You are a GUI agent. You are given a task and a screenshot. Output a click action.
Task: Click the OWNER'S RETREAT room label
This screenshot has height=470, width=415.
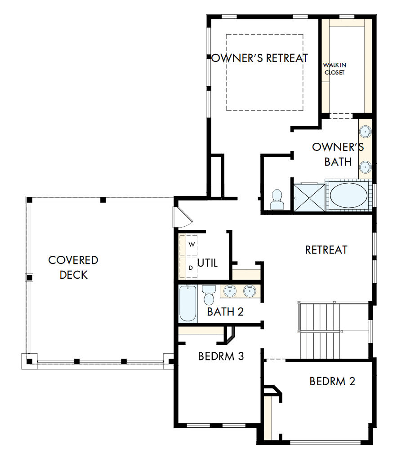(260, 58)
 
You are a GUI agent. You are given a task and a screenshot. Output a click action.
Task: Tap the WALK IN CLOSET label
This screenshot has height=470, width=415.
(335, 69)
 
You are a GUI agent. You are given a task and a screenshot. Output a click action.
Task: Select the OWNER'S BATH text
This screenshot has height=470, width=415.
(338, 154)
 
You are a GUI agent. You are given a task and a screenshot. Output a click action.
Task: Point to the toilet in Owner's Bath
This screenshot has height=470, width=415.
(277, 199)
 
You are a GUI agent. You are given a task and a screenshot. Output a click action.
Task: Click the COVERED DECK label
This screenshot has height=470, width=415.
(73, 267)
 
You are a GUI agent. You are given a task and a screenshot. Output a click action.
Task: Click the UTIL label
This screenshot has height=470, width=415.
(208, 263)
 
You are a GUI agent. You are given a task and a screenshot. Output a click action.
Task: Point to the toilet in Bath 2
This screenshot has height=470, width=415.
(209, 294)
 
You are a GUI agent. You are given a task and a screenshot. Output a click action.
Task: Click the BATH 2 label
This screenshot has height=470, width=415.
(225, 311)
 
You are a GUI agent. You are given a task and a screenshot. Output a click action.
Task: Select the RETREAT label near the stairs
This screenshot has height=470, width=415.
(326, 250)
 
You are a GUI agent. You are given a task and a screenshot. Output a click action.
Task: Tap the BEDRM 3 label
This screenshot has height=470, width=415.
(221, 356)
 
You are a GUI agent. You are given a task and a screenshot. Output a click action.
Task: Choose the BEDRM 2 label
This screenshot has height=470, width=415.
(332, 381)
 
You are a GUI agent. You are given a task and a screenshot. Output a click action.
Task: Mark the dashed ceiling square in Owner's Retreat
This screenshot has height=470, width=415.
(264, 72)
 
